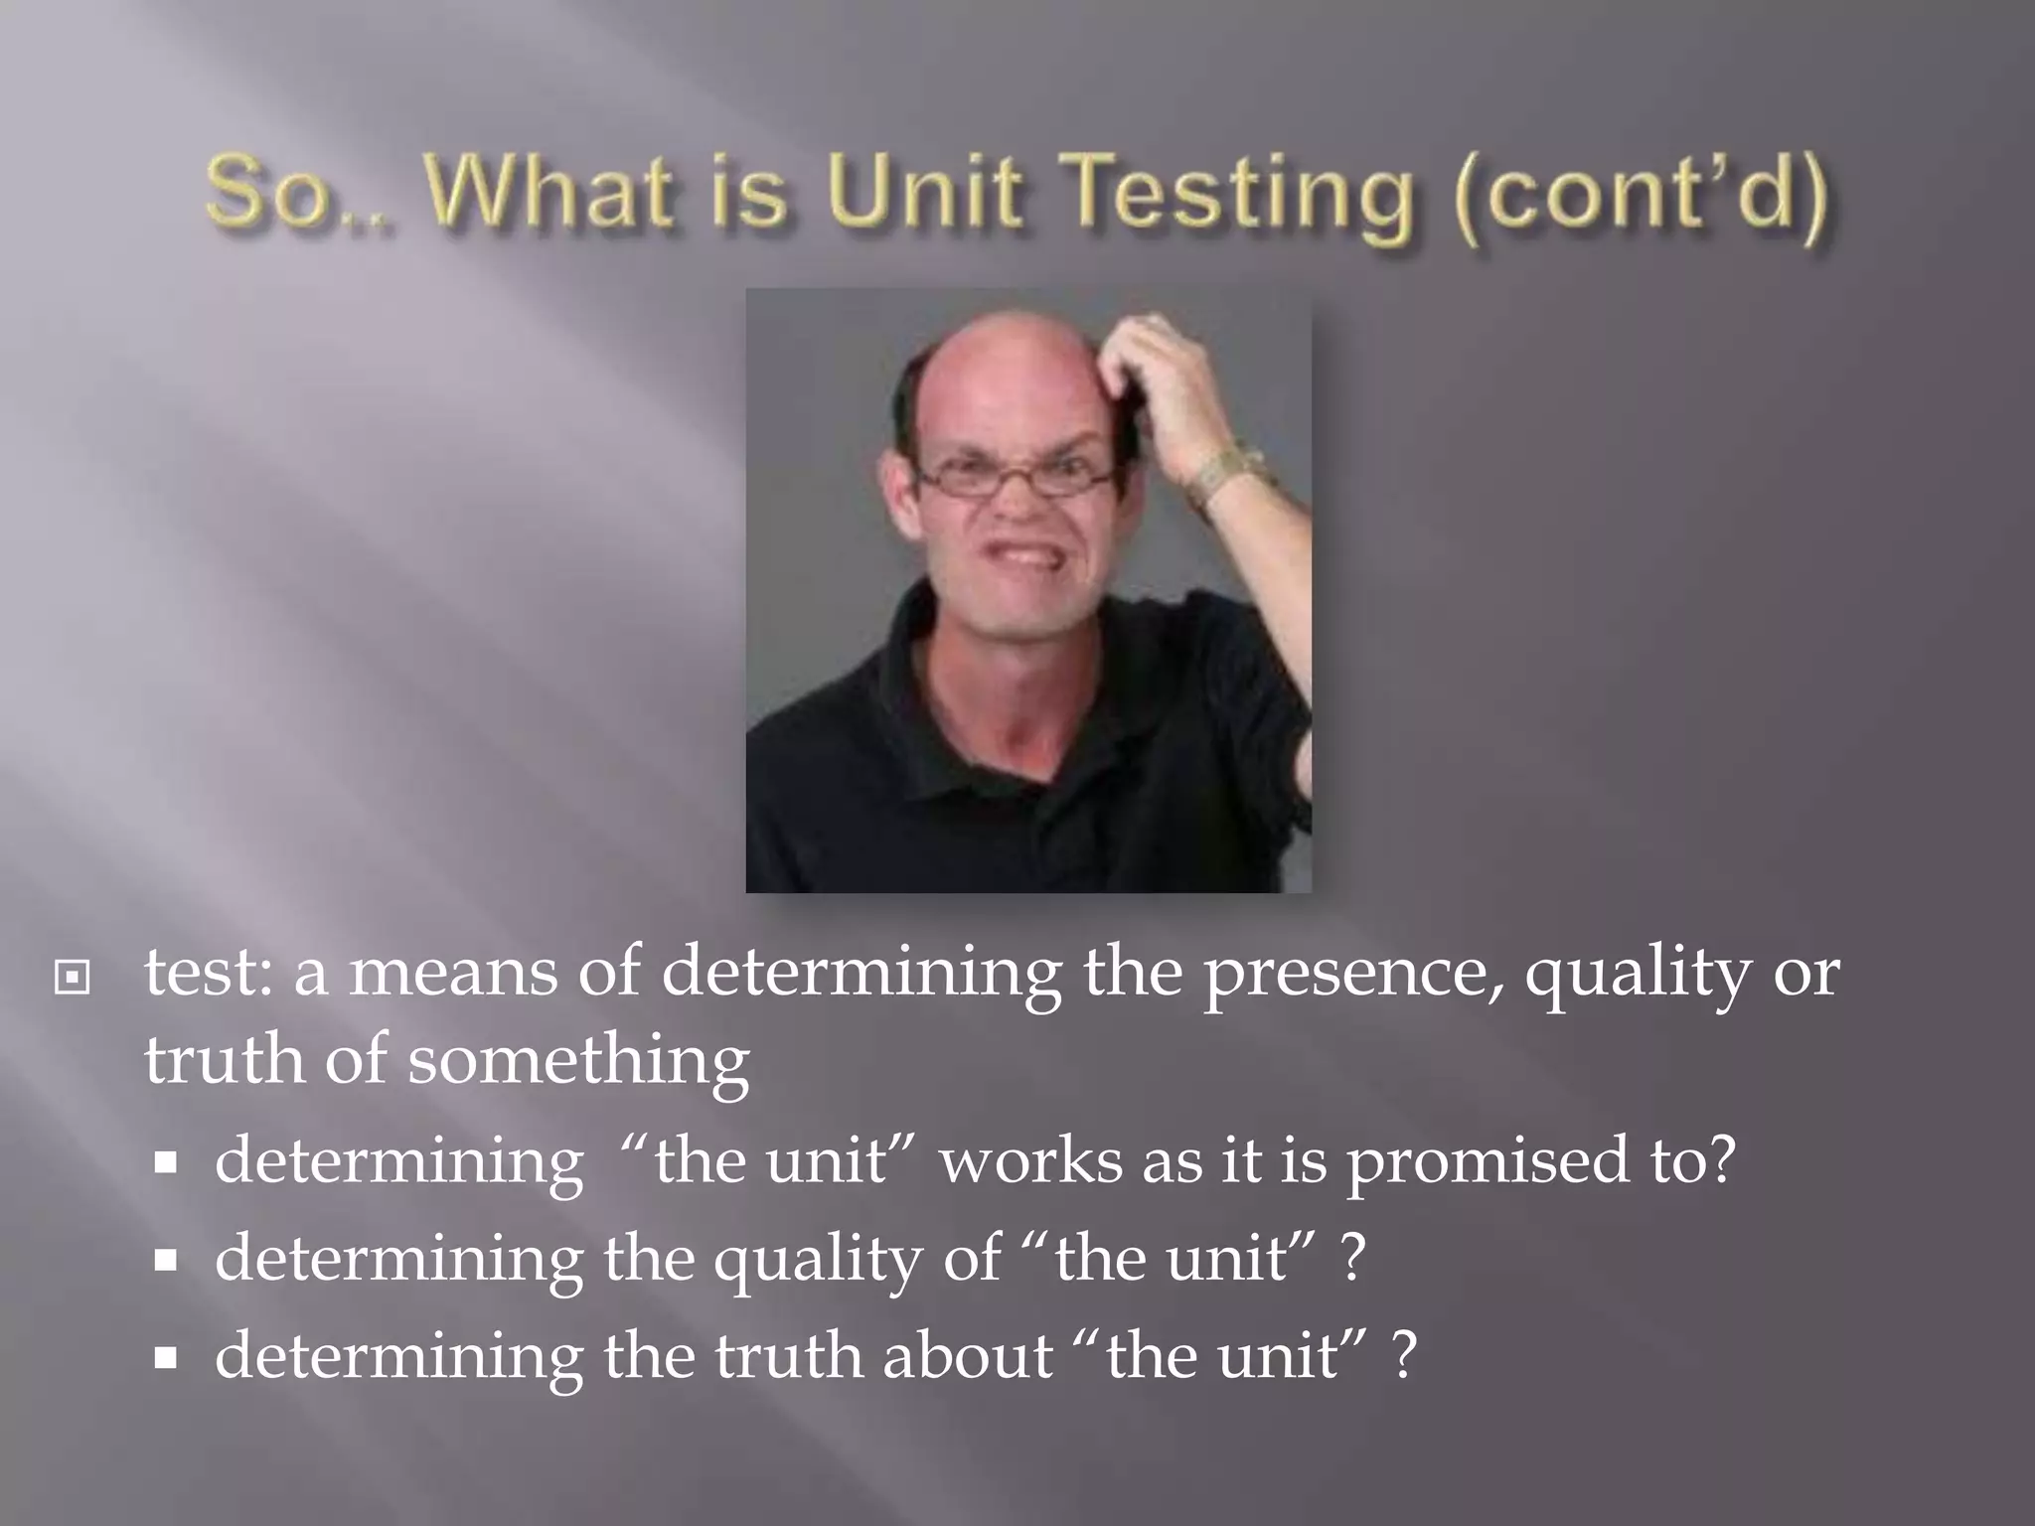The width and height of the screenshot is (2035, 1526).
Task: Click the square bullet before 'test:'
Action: pyautogui.click(x=72, y=979)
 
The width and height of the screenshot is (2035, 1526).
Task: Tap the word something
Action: pyautogui.click(x=577, y=1061)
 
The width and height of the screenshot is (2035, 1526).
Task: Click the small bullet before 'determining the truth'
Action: pyautogui.click(x=165, y=1357)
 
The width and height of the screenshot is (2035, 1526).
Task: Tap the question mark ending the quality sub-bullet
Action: pyautogui.click(x=1352, y=1258)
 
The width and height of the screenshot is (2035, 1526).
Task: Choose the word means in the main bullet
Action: pyautogui.click(x=452, y=972)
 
